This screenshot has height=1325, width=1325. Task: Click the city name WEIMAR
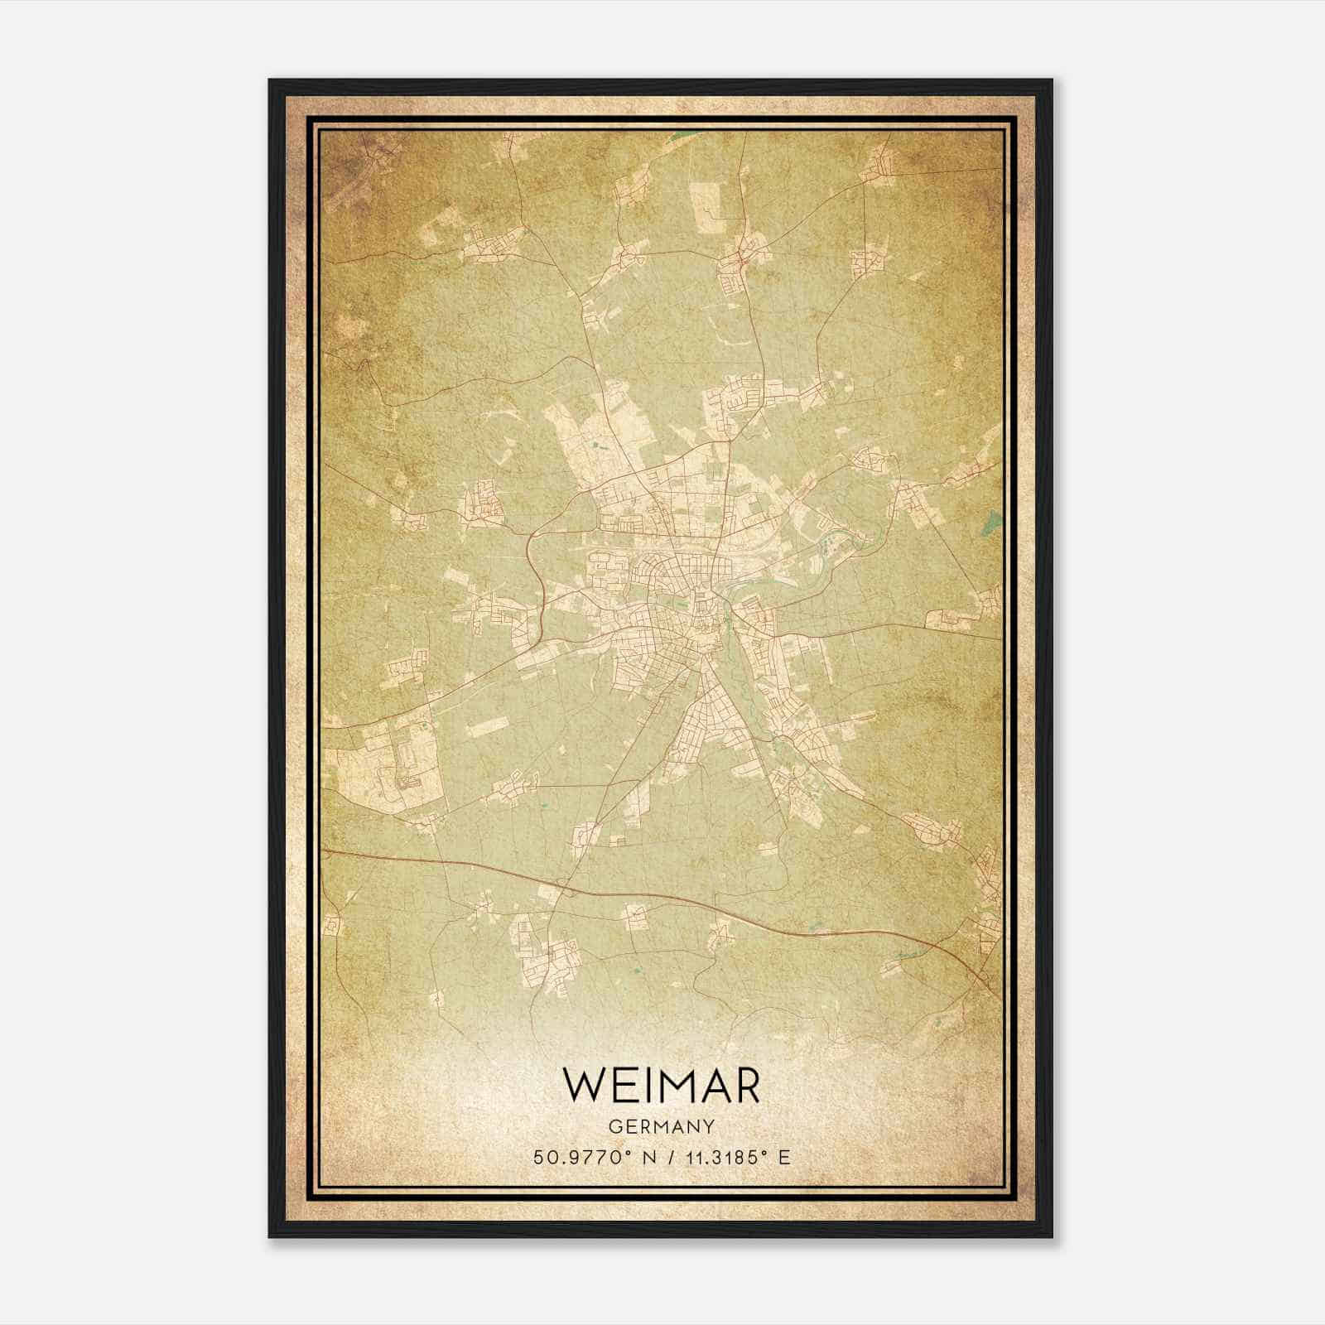(661, 1085)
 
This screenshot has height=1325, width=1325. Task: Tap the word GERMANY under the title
(661, 1126)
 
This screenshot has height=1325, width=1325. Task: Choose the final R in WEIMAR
(744, 1085)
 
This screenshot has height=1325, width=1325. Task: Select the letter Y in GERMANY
(709, 1126)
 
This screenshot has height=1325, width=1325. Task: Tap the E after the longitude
(784, 1157)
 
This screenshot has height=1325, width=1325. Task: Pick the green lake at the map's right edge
(989, 523)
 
